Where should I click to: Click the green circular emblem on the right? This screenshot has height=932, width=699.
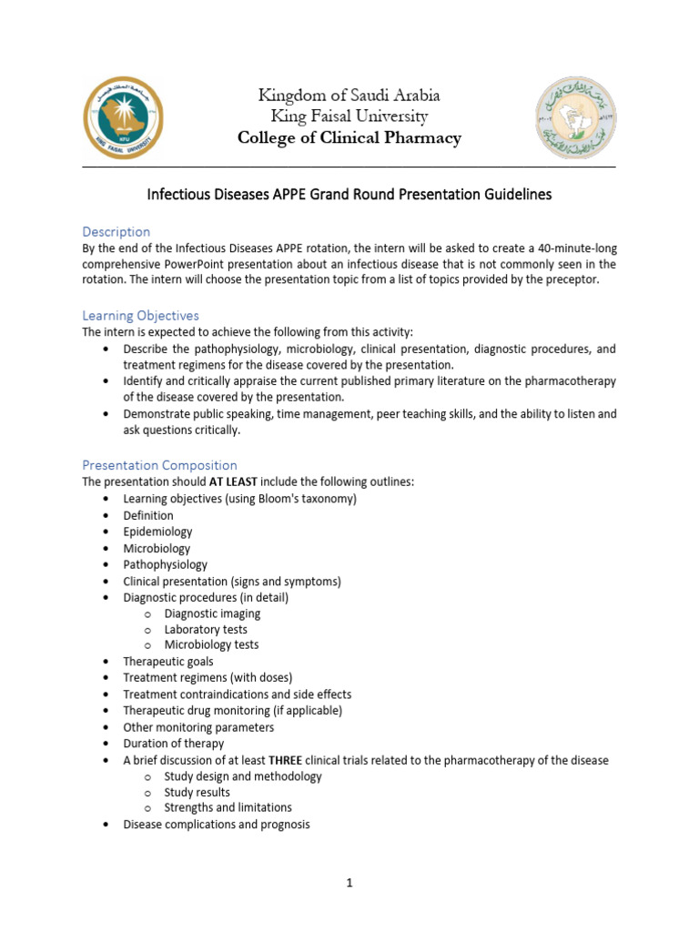(573, 117)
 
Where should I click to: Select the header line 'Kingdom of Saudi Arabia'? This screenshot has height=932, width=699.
(349, 96)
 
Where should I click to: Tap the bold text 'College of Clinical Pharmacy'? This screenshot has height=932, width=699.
(349, 138)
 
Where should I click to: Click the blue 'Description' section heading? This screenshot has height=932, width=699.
(116, 231)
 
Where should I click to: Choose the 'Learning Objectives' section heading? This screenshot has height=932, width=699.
(141, 315)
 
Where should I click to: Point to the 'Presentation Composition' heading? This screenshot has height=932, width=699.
(160, 465)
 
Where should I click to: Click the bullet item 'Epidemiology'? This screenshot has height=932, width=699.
(157, 532)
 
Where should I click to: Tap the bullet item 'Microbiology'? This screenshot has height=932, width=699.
(157, 548)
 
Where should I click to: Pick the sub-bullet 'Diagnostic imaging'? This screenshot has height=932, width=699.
(212, 613)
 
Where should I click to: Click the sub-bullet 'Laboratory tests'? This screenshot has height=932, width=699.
(206, 629)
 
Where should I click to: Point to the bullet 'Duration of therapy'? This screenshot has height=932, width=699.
(173, 744)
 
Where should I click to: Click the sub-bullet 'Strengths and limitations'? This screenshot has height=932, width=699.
(228, 808)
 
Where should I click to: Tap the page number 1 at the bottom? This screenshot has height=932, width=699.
(349, 882)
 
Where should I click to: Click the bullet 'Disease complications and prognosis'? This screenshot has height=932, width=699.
(217, 825)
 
